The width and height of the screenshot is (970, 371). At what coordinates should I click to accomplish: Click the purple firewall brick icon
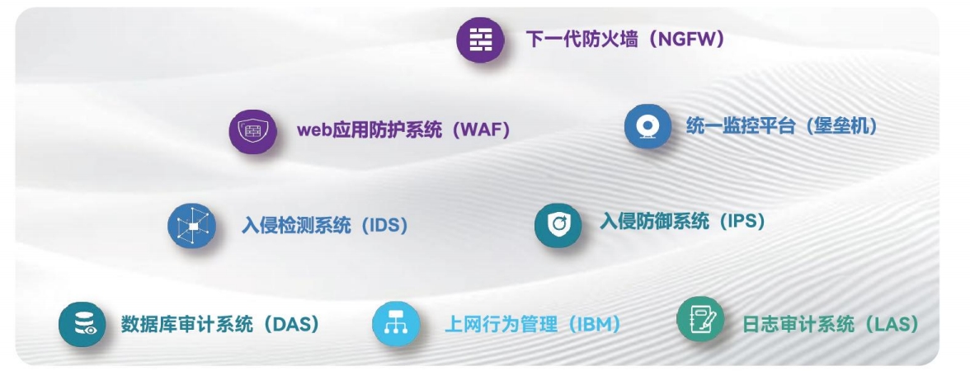point(480,40)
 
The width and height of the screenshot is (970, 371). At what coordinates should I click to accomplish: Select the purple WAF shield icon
point(252,131)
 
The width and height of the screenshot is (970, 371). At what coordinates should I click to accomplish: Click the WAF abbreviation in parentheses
point(482,130)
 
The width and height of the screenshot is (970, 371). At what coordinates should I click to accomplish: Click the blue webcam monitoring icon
point(647,126)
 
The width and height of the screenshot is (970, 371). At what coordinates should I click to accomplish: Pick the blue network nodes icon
point(191,226)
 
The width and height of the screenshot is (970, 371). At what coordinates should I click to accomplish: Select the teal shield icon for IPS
point(558,225)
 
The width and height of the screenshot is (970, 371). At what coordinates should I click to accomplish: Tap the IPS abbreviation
point(742,220)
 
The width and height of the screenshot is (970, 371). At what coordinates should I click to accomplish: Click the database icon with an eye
point(82,324)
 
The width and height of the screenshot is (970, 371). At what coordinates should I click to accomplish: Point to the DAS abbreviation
point(291,324)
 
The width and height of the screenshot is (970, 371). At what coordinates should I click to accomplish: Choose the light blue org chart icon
point(395,323)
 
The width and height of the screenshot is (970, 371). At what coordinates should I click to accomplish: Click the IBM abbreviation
point(594,323)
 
